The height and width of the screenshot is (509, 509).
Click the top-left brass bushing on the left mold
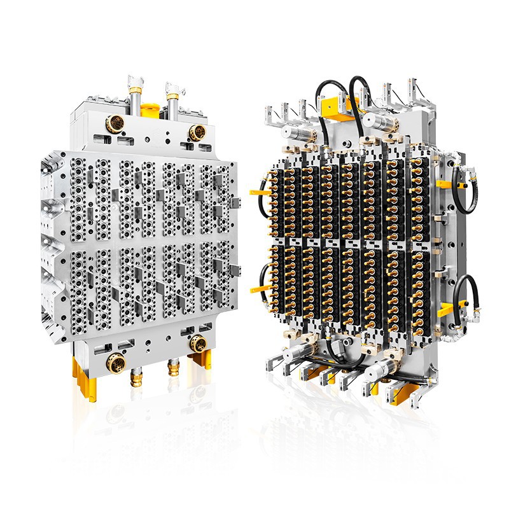tap(115, 123)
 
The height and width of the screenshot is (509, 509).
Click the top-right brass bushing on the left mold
tap(197, 132)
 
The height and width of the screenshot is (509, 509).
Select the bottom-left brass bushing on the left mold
tap(116, 364)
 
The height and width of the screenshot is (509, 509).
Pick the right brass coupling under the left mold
tap(173, 368)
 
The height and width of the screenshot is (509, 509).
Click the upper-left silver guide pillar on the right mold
tap(296, 132)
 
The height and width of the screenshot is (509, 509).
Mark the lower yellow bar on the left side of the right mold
tap(259, 289)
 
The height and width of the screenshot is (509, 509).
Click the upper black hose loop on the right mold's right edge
tap(465, 188)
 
